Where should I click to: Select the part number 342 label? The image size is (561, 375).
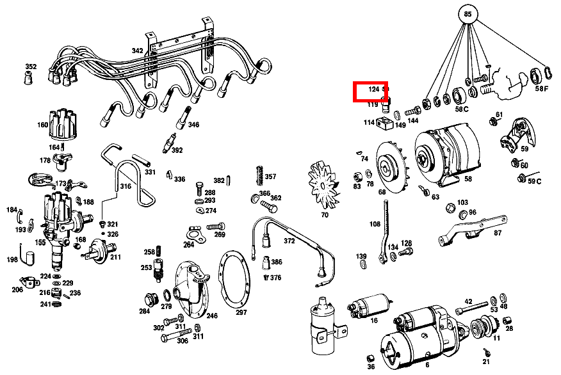(x=138, y=51)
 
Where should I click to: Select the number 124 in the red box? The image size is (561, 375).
(x=374, y=90)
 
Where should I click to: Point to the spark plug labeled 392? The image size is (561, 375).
(x=170, y=141)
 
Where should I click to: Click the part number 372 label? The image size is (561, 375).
(x=289, y=241)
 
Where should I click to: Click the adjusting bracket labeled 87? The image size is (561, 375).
(x=469, y=228)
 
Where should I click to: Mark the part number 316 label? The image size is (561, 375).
(x=126, y=187)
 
